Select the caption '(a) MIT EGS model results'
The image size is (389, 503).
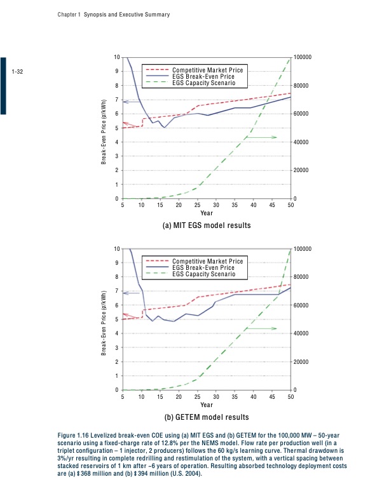click(x=207, y=225)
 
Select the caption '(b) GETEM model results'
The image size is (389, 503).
click(x=207, y=417)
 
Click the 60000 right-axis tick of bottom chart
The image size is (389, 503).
click(x=301, y=305)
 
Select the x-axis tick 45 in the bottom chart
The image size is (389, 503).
click(x=273, y=397)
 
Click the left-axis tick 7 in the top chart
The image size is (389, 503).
click(x=116, y=100)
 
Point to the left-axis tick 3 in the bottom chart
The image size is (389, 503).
click(x=116, y=348)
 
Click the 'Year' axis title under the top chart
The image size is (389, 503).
click(x=207, y=213)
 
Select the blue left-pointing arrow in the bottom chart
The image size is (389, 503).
click(x=131, y=293)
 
